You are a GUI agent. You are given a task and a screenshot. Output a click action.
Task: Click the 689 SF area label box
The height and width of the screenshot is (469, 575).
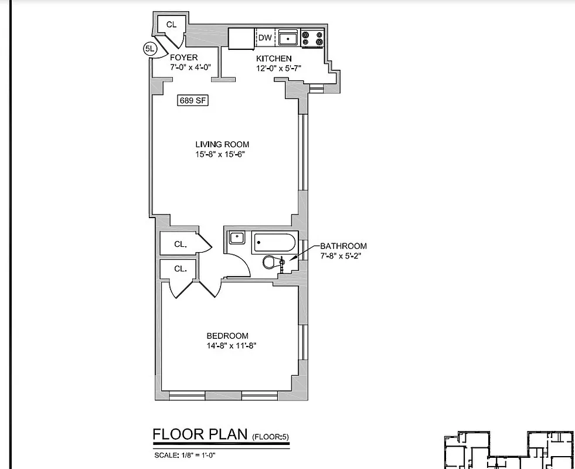(193, 100)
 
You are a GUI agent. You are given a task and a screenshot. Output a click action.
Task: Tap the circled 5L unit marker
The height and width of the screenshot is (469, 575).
(149, 49)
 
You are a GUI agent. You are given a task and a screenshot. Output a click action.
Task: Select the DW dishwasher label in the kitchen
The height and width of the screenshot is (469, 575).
(265, 38)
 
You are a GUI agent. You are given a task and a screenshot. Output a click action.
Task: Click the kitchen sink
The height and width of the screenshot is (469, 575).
(288, 39)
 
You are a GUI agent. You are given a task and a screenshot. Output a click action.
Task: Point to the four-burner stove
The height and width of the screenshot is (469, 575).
(312, 39)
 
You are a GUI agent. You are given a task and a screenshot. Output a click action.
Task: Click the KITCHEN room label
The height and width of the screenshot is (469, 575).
(274, 59)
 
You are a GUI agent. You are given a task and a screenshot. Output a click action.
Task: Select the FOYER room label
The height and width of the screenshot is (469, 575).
(183, 57)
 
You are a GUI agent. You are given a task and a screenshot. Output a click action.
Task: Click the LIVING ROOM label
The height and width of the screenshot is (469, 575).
(222, 144)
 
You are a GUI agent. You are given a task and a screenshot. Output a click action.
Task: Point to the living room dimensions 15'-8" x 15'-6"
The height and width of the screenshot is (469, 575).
(222, 155)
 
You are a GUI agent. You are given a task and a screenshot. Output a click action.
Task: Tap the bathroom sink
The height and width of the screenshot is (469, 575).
(236, 238)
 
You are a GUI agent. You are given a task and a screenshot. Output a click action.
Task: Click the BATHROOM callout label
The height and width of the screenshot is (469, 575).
(343, 246)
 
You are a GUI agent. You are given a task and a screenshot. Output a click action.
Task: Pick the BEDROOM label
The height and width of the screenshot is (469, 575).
(227, 336)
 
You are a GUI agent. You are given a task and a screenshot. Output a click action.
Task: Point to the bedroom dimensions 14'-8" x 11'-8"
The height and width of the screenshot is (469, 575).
(232, 346)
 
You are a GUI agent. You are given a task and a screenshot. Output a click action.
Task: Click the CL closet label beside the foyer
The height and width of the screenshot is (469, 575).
(171, 24)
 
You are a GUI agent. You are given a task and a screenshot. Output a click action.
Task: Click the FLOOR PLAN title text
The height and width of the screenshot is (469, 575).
(200, 434)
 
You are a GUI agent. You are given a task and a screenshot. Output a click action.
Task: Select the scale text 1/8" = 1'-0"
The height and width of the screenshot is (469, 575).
(194, 455)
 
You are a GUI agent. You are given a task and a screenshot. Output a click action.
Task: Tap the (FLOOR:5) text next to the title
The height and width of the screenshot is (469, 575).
(271, 437)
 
